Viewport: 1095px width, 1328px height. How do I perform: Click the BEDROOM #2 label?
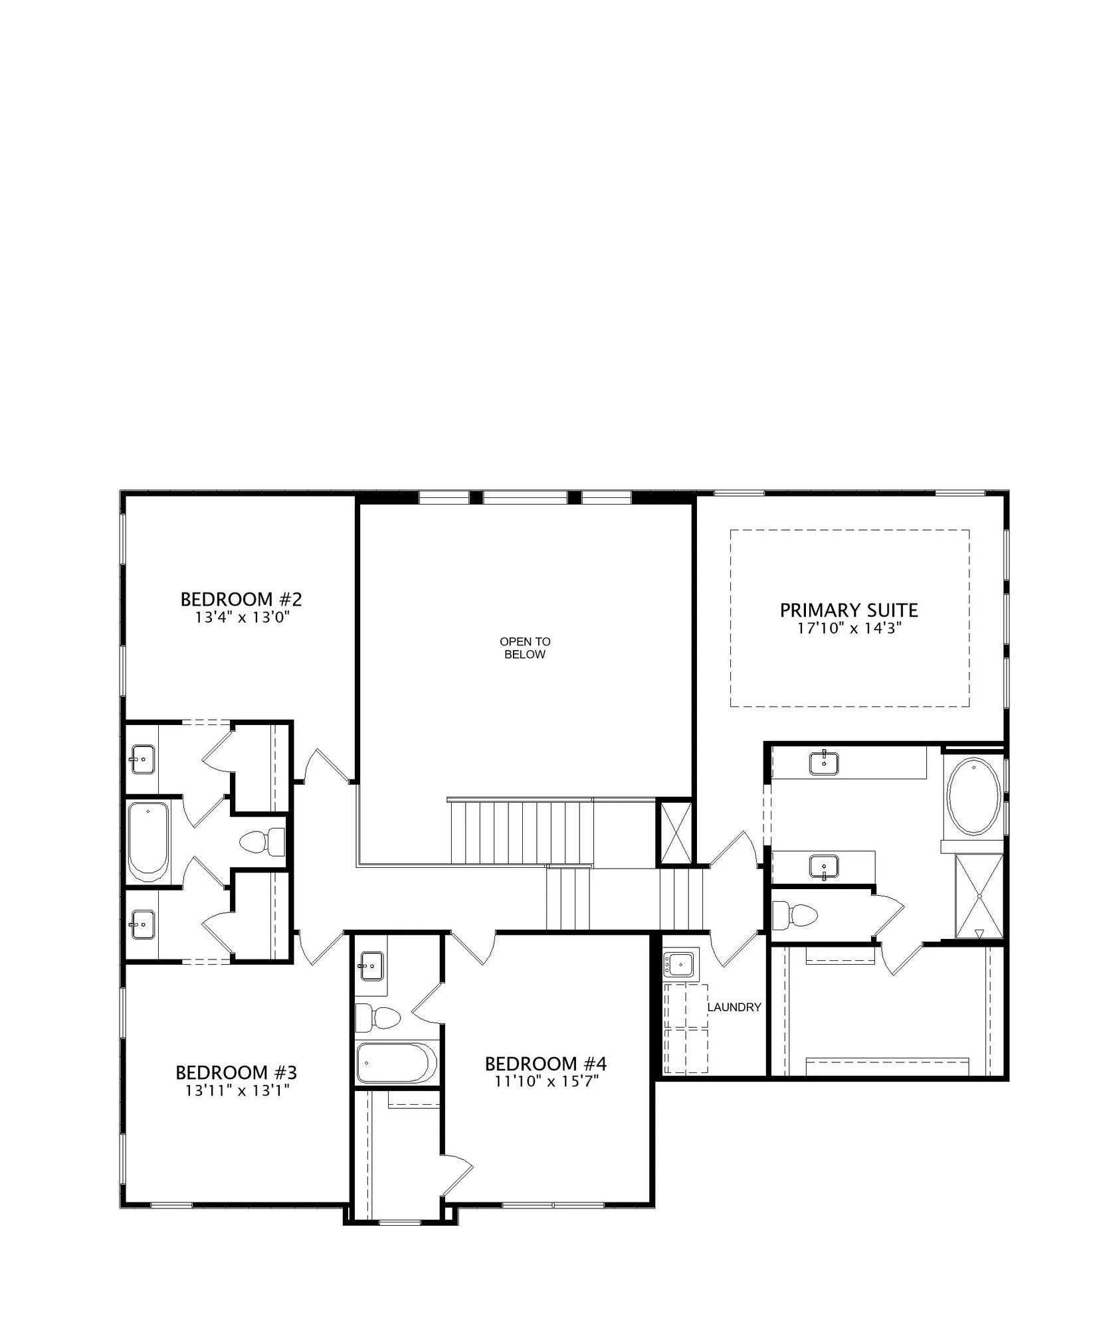[241, 599]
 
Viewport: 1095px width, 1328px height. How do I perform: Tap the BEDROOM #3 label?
[236, 1072]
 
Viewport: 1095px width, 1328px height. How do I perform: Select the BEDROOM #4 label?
[546, 1064]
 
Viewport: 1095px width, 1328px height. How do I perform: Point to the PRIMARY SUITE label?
[848, 610]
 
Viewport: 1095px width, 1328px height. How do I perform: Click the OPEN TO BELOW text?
[525, 648]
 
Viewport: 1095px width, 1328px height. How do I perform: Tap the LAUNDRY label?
[734, 1007]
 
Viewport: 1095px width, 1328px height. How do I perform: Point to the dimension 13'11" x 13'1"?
[238, 1090]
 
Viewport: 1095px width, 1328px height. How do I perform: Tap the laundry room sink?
[680, 963]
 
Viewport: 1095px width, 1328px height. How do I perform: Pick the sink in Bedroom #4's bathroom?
[371, 965]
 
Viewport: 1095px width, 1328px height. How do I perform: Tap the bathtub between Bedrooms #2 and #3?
[148, 841]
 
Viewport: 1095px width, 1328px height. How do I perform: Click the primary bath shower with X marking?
[979, 896]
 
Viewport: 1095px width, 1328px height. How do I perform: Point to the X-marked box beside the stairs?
[675, 833]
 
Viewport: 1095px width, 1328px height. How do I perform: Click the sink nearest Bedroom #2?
[143, 758]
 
